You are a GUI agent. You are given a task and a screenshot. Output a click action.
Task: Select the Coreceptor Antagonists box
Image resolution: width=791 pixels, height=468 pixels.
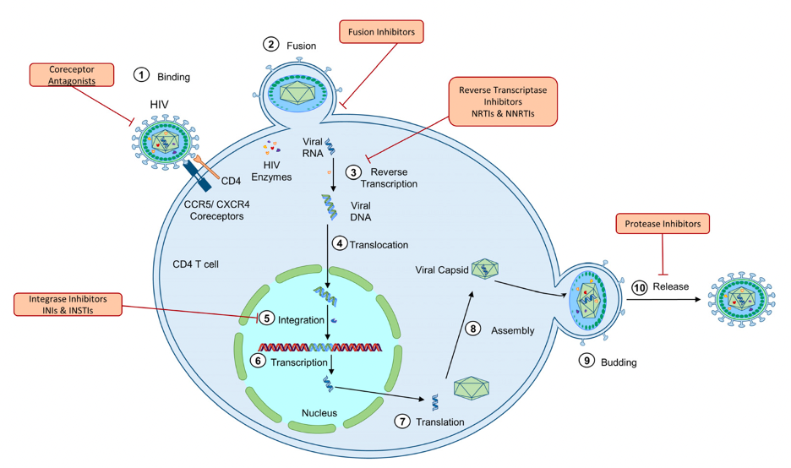click(71, 75)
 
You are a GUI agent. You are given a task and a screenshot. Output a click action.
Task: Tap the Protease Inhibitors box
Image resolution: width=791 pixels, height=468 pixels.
click(662, 224)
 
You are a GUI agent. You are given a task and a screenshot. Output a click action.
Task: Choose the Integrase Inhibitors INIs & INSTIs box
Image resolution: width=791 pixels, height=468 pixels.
click(67, 306)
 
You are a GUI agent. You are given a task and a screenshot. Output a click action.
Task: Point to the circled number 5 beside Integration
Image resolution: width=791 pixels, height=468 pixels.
click(265, 319)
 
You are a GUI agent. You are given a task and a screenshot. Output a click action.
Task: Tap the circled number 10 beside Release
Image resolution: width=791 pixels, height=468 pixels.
click(639, 286)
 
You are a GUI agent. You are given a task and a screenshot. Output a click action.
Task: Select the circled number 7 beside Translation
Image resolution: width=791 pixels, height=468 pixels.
click(402, 420)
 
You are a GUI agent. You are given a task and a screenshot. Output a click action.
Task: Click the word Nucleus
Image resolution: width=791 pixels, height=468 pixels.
click(319, 413)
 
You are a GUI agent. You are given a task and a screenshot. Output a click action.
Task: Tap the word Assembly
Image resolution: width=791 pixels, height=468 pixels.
click(513, 330)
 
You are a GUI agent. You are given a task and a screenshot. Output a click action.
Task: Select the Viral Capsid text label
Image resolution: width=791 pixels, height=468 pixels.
click(440, 270)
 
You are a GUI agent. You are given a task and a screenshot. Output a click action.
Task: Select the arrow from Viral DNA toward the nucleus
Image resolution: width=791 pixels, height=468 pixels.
click(327, 253)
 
